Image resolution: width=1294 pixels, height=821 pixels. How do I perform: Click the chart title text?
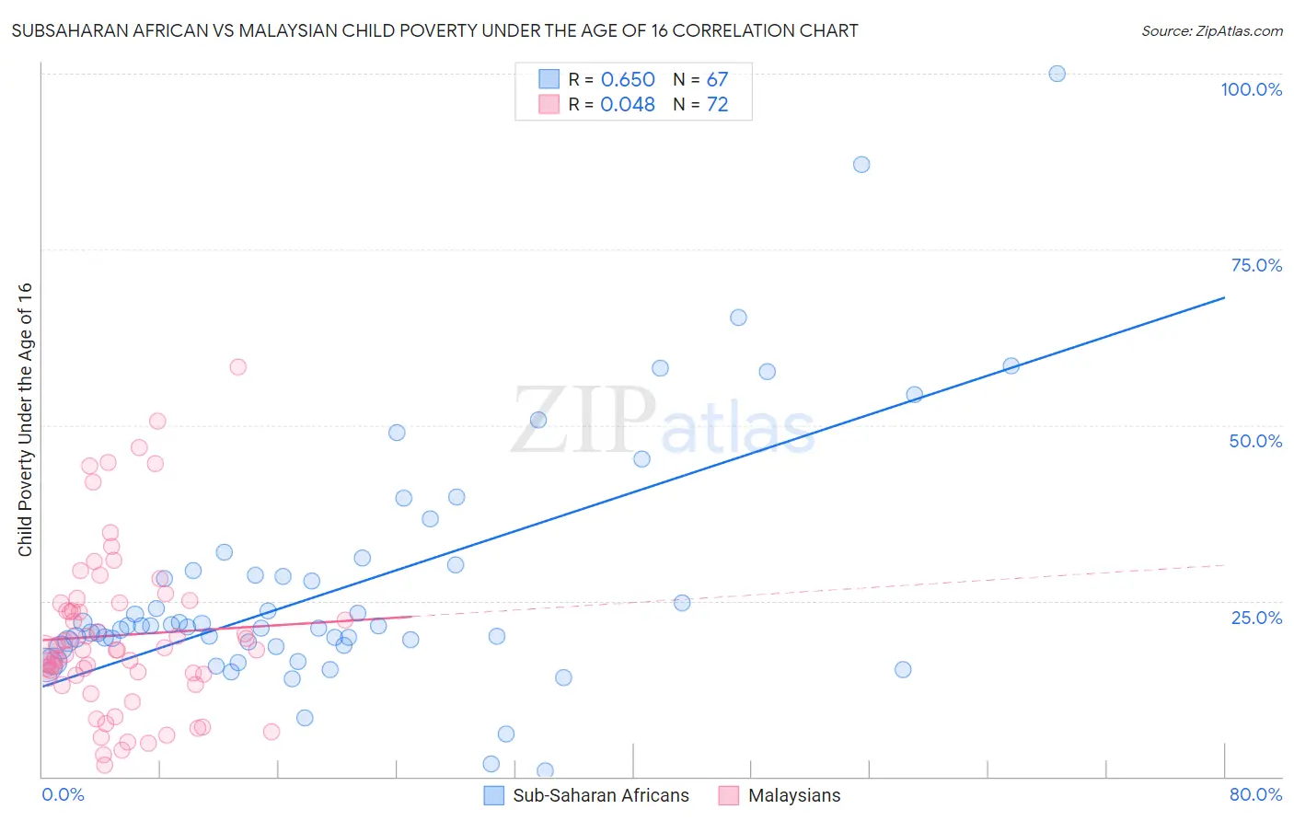click(434, 30)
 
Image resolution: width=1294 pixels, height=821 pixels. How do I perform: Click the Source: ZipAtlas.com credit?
click(1211, 30)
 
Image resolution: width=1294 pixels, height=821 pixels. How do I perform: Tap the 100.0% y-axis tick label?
click(1251, 89)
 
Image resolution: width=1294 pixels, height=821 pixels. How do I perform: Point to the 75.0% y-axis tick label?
click(1256, 265)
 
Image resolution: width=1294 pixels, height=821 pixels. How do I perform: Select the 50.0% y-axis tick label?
click(1255, 441)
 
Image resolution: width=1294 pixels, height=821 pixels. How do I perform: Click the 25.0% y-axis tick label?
click(1256, 617)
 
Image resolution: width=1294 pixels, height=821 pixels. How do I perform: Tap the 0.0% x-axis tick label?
click(63, 794)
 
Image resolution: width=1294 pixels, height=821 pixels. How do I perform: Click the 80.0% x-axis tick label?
click(1255, 794)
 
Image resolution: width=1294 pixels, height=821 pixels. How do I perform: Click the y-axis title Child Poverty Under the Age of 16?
click(25, 419)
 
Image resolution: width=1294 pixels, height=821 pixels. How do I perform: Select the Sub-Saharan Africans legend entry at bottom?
click(587, 795)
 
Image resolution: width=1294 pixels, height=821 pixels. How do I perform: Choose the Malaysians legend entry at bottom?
click(780, 795)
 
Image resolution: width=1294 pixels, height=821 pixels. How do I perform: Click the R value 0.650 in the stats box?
click(628, 80)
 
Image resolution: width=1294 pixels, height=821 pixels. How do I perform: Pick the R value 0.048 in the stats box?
click(628, 105)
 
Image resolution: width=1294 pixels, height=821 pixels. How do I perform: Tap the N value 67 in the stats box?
click(717, 80)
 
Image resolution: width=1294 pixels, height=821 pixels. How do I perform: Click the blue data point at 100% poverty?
click(1057, 74)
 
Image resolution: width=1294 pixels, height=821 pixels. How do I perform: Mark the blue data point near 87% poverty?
click(861, 165)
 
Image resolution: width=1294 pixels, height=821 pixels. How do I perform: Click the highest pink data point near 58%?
click(237, 366)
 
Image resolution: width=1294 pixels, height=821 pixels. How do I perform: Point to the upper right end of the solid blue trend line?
click(1224, 297)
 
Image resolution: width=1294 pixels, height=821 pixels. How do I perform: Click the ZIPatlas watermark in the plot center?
click(663, 422)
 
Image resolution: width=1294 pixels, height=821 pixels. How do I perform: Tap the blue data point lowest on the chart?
click(545, 770)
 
